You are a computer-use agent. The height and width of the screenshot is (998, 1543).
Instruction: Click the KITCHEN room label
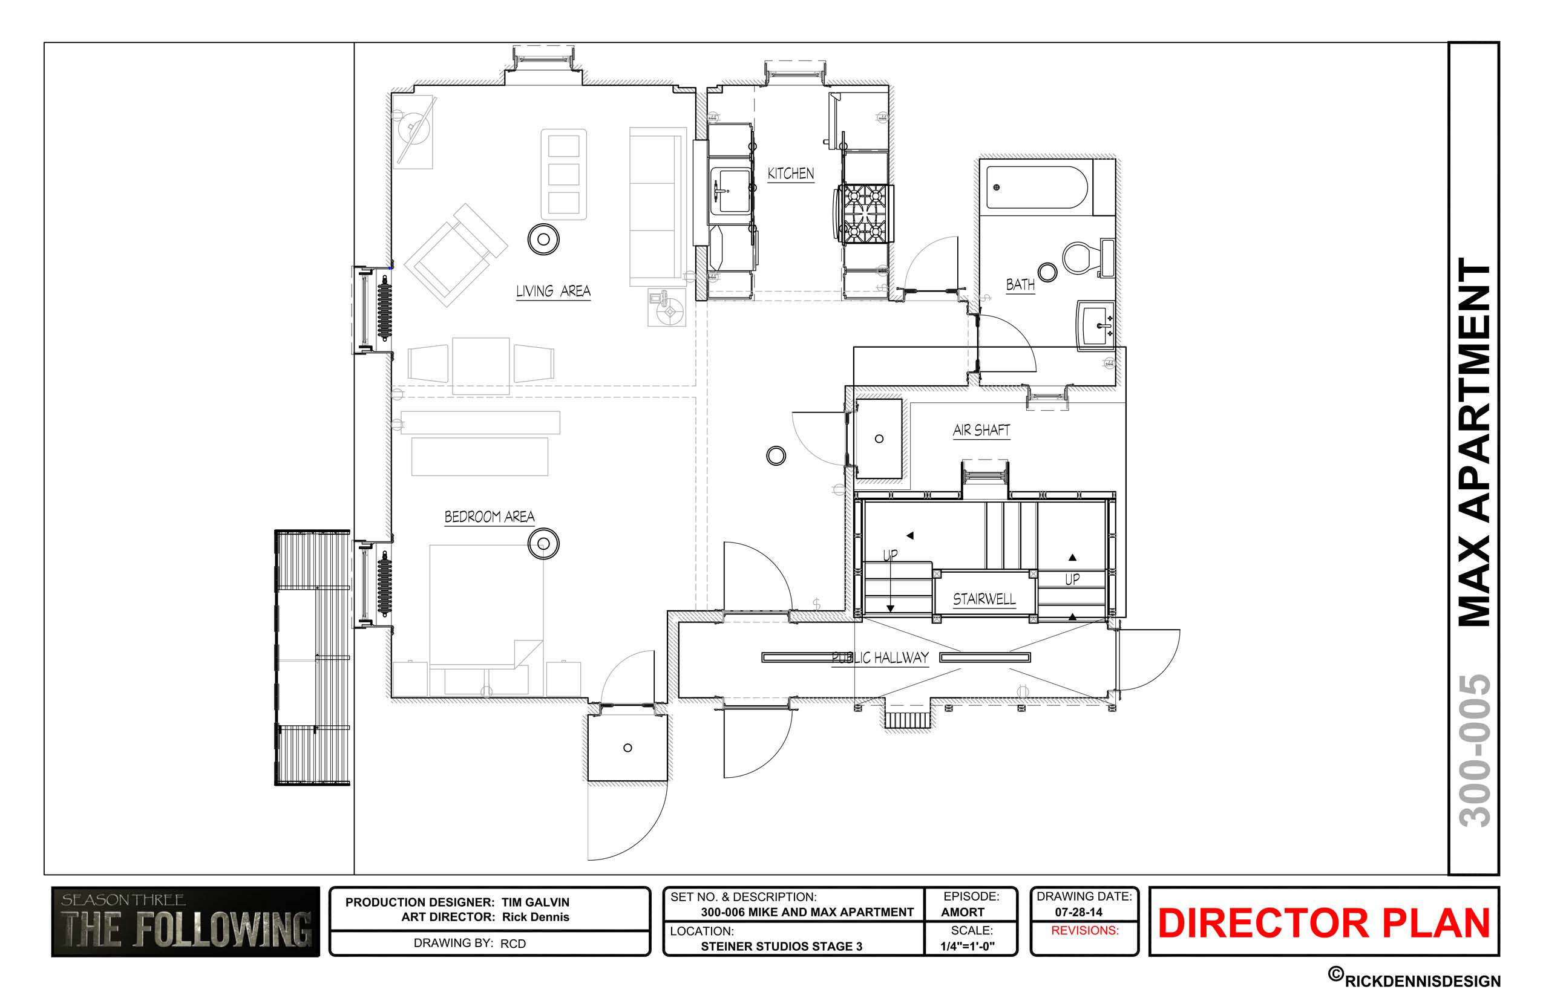[790, 174]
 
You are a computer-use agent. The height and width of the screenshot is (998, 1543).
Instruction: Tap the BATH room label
[1020, 284]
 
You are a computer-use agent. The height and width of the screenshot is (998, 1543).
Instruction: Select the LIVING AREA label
[553, 292]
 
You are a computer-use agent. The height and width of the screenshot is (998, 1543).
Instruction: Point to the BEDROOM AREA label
[490, 517]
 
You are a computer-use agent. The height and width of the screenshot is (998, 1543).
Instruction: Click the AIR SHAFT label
[981, 430]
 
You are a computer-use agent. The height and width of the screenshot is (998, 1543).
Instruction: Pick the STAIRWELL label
[984, 599]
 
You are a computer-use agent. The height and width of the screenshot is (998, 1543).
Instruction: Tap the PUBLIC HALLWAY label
[880, 659]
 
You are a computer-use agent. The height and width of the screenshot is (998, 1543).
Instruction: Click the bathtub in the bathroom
[1037, 188]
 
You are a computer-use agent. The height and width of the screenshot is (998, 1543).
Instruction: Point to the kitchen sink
[731, 191]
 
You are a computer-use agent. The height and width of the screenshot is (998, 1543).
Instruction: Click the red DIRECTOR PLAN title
[1325, 923]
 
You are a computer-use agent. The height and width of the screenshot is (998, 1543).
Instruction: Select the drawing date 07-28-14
[1079, 912]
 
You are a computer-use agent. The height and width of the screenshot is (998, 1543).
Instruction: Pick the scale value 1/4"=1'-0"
[968, 946]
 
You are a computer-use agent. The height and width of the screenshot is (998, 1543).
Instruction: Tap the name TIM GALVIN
[536, 902]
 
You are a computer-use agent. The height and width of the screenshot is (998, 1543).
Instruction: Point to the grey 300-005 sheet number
[1474, 751]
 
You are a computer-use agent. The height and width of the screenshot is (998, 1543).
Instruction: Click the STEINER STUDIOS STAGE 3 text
[782, 946]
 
